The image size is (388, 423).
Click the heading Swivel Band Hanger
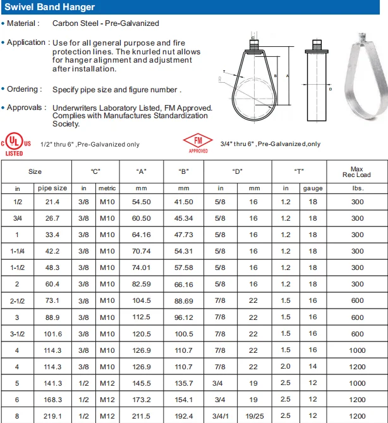[x=49, y=7]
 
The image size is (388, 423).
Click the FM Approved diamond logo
[x=198, y=143]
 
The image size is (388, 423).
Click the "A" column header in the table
[x=142, y=171]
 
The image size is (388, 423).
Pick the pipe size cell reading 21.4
[x=52, y=202]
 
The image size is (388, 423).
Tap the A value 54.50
[x=142, y=202]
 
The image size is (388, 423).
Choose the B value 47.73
[x=184, y=235]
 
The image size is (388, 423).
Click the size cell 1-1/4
[x=18, y=251]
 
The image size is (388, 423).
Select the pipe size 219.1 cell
[x=52, y=415]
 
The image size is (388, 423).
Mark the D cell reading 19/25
[x=254, y=415]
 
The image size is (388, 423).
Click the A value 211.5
[x=142, y=415]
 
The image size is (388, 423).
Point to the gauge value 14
[x=312, y=366]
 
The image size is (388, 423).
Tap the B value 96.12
[x=184, y=317]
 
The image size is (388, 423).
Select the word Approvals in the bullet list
[x=26, y=107]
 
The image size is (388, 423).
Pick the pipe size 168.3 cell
[x=52, y=399]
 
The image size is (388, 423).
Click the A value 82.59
[x=142, y=284]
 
